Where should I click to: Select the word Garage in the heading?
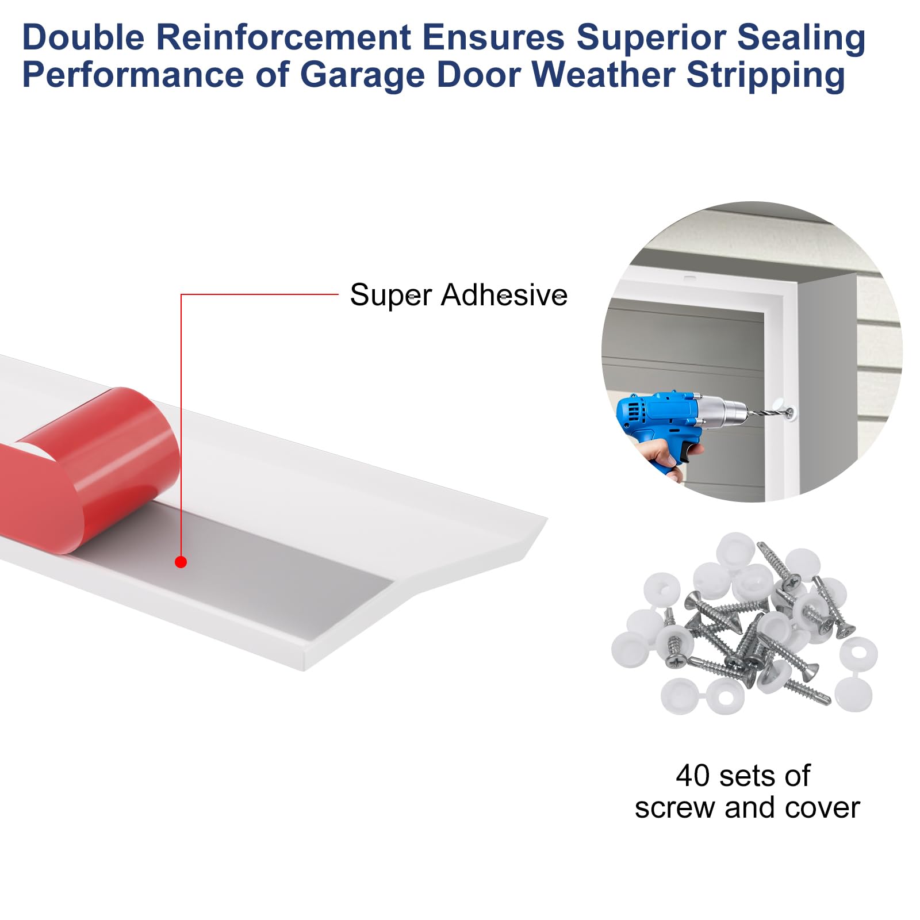click(362, 75)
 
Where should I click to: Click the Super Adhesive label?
click(458, 296)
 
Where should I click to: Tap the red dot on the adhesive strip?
click(181, 562)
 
